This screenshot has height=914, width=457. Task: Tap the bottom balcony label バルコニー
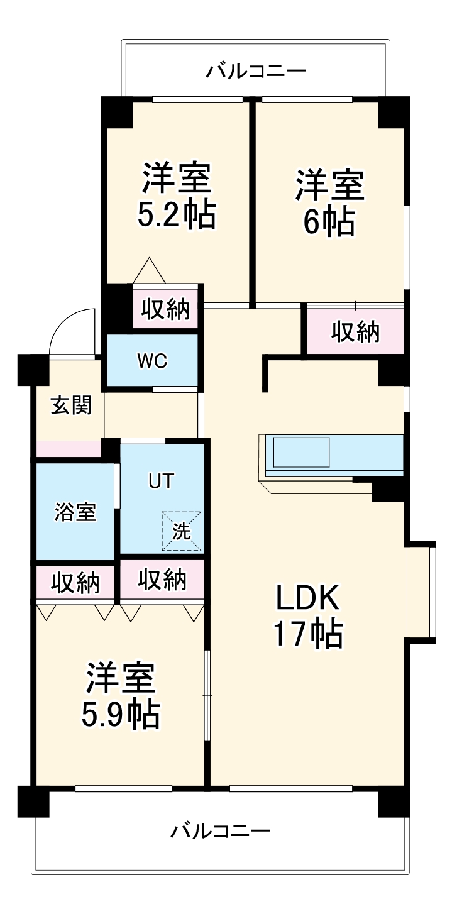221,832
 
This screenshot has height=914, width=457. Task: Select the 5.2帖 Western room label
177,196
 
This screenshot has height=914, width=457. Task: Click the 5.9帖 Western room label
121,695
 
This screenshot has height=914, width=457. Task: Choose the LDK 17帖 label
308,616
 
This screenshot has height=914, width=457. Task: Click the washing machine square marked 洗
182,531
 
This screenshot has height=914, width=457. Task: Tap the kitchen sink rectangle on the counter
301,452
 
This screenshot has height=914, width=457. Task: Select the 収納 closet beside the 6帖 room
356,331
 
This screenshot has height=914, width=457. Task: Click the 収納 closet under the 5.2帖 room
165,308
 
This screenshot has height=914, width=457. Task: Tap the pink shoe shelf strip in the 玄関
69,449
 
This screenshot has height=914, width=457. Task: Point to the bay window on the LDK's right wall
421,592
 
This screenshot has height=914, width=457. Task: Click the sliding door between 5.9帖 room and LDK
207,695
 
